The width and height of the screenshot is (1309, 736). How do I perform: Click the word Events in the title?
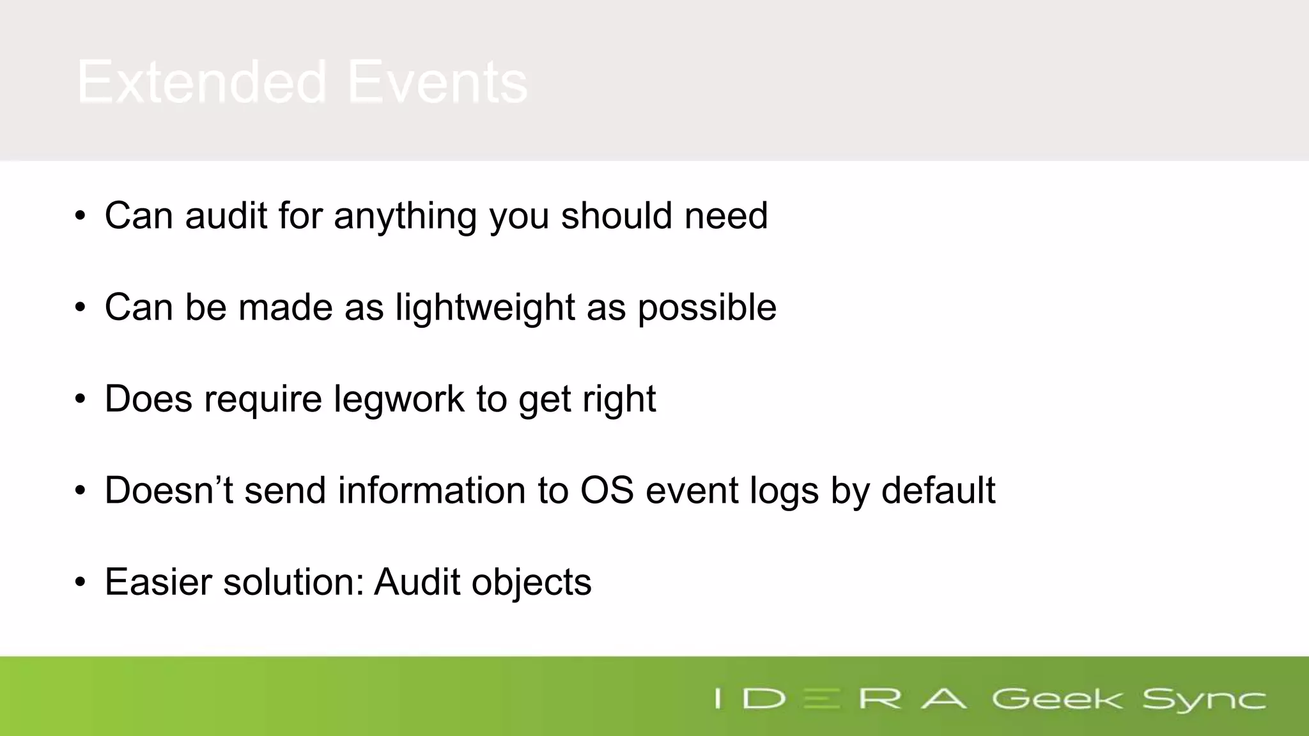(x=437, y=82)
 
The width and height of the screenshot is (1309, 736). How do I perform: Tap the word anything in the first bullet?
(x=405, y=216)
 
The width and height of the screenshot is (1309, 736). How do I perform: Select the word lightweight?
(x=485, y=308)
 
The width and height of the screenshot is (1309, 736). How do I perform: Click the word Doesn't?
(x=169, y=491)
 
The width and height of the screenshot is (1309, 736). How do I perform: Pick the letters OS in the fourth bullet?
(x=607, y=491)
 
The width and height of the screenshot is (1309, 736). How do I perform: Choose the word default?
(x=938, y=491)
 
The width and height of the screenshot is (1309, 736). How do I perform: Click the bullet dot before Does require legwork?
(x=80, y=400)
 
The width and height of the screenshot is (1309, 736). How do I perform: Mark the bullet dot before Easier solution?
(x=80, y=583)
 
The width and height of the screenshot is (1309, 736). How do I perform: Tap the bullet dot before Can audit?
(x=80, y=217)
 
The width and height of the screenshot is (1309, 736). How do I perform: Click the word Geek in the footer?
(x=1057, y=699)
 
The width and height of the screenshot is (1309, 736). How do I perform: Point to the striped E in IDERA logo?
(x=821, y=699)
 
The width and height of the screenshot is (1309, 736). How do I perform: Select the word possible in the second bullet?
(x=707, y=308)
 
